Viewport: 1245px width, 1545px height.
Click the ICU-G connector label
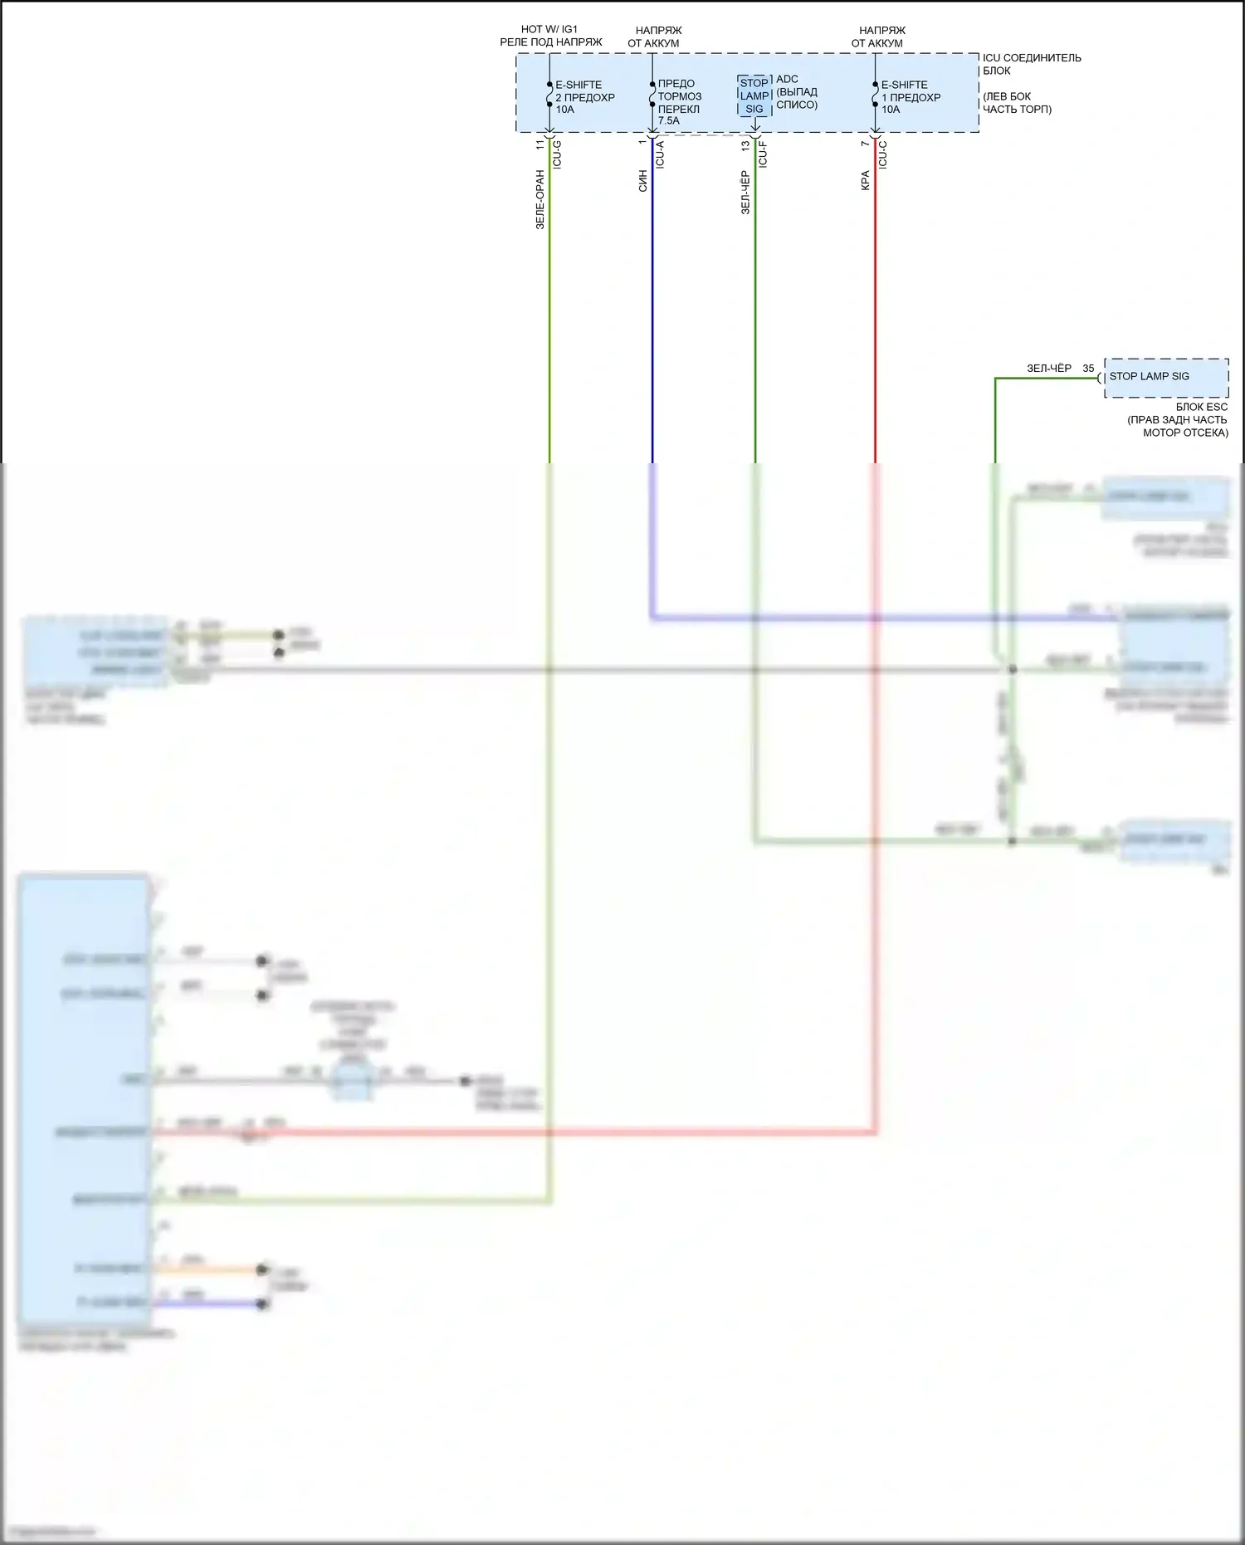pos(557,154)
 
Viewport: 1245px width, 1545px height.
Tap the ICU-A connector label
pos(660,154)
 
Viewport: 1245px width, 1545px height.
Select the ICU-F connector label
pos(763,154)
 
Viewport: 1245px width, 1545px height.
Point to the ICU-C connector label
pos(882,154)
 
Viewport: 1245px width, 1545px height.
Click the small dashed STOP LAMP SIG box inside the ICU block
pos(754,95)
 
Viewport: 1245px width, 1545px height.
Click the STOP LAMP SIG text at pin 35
pos(1149,376)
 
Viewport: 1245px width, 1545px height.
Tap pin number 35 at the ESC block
pos(1088,369)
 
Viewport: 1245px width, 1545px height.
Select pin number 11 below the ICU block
pos(540,144)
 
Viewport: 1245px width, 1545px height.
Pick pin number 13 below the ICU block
pos(745,144)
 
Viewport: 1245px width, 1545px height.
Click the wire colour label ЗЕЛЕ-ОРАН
pos(540,199)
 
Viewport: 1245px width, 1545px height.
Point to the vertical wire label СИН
pos(642,181)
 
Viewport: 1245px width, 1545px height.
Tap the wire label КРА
pos(865,181)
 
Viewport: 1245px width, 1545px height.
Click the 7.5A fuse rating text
pos(669,120)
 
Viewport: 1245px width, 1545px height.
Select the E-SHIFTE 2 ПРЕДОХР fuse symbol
pos(549,95)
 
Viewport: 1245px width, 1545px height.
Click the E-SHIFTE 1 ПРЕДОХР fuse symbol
pos(875,95)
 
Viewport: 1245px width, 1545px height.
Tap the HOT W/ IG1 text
pos(549,29)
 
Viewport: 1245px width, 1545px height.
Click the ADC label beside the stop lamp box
pos(787,80)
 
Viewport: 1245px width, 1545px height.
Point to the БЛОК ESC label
pos(1201,407)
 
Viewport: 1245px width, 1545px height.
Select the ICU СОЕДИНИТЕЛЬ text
pos(1032,58)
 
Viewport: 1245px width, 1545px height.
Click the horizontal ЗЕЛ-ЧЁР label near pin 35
pos(1048,369)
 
